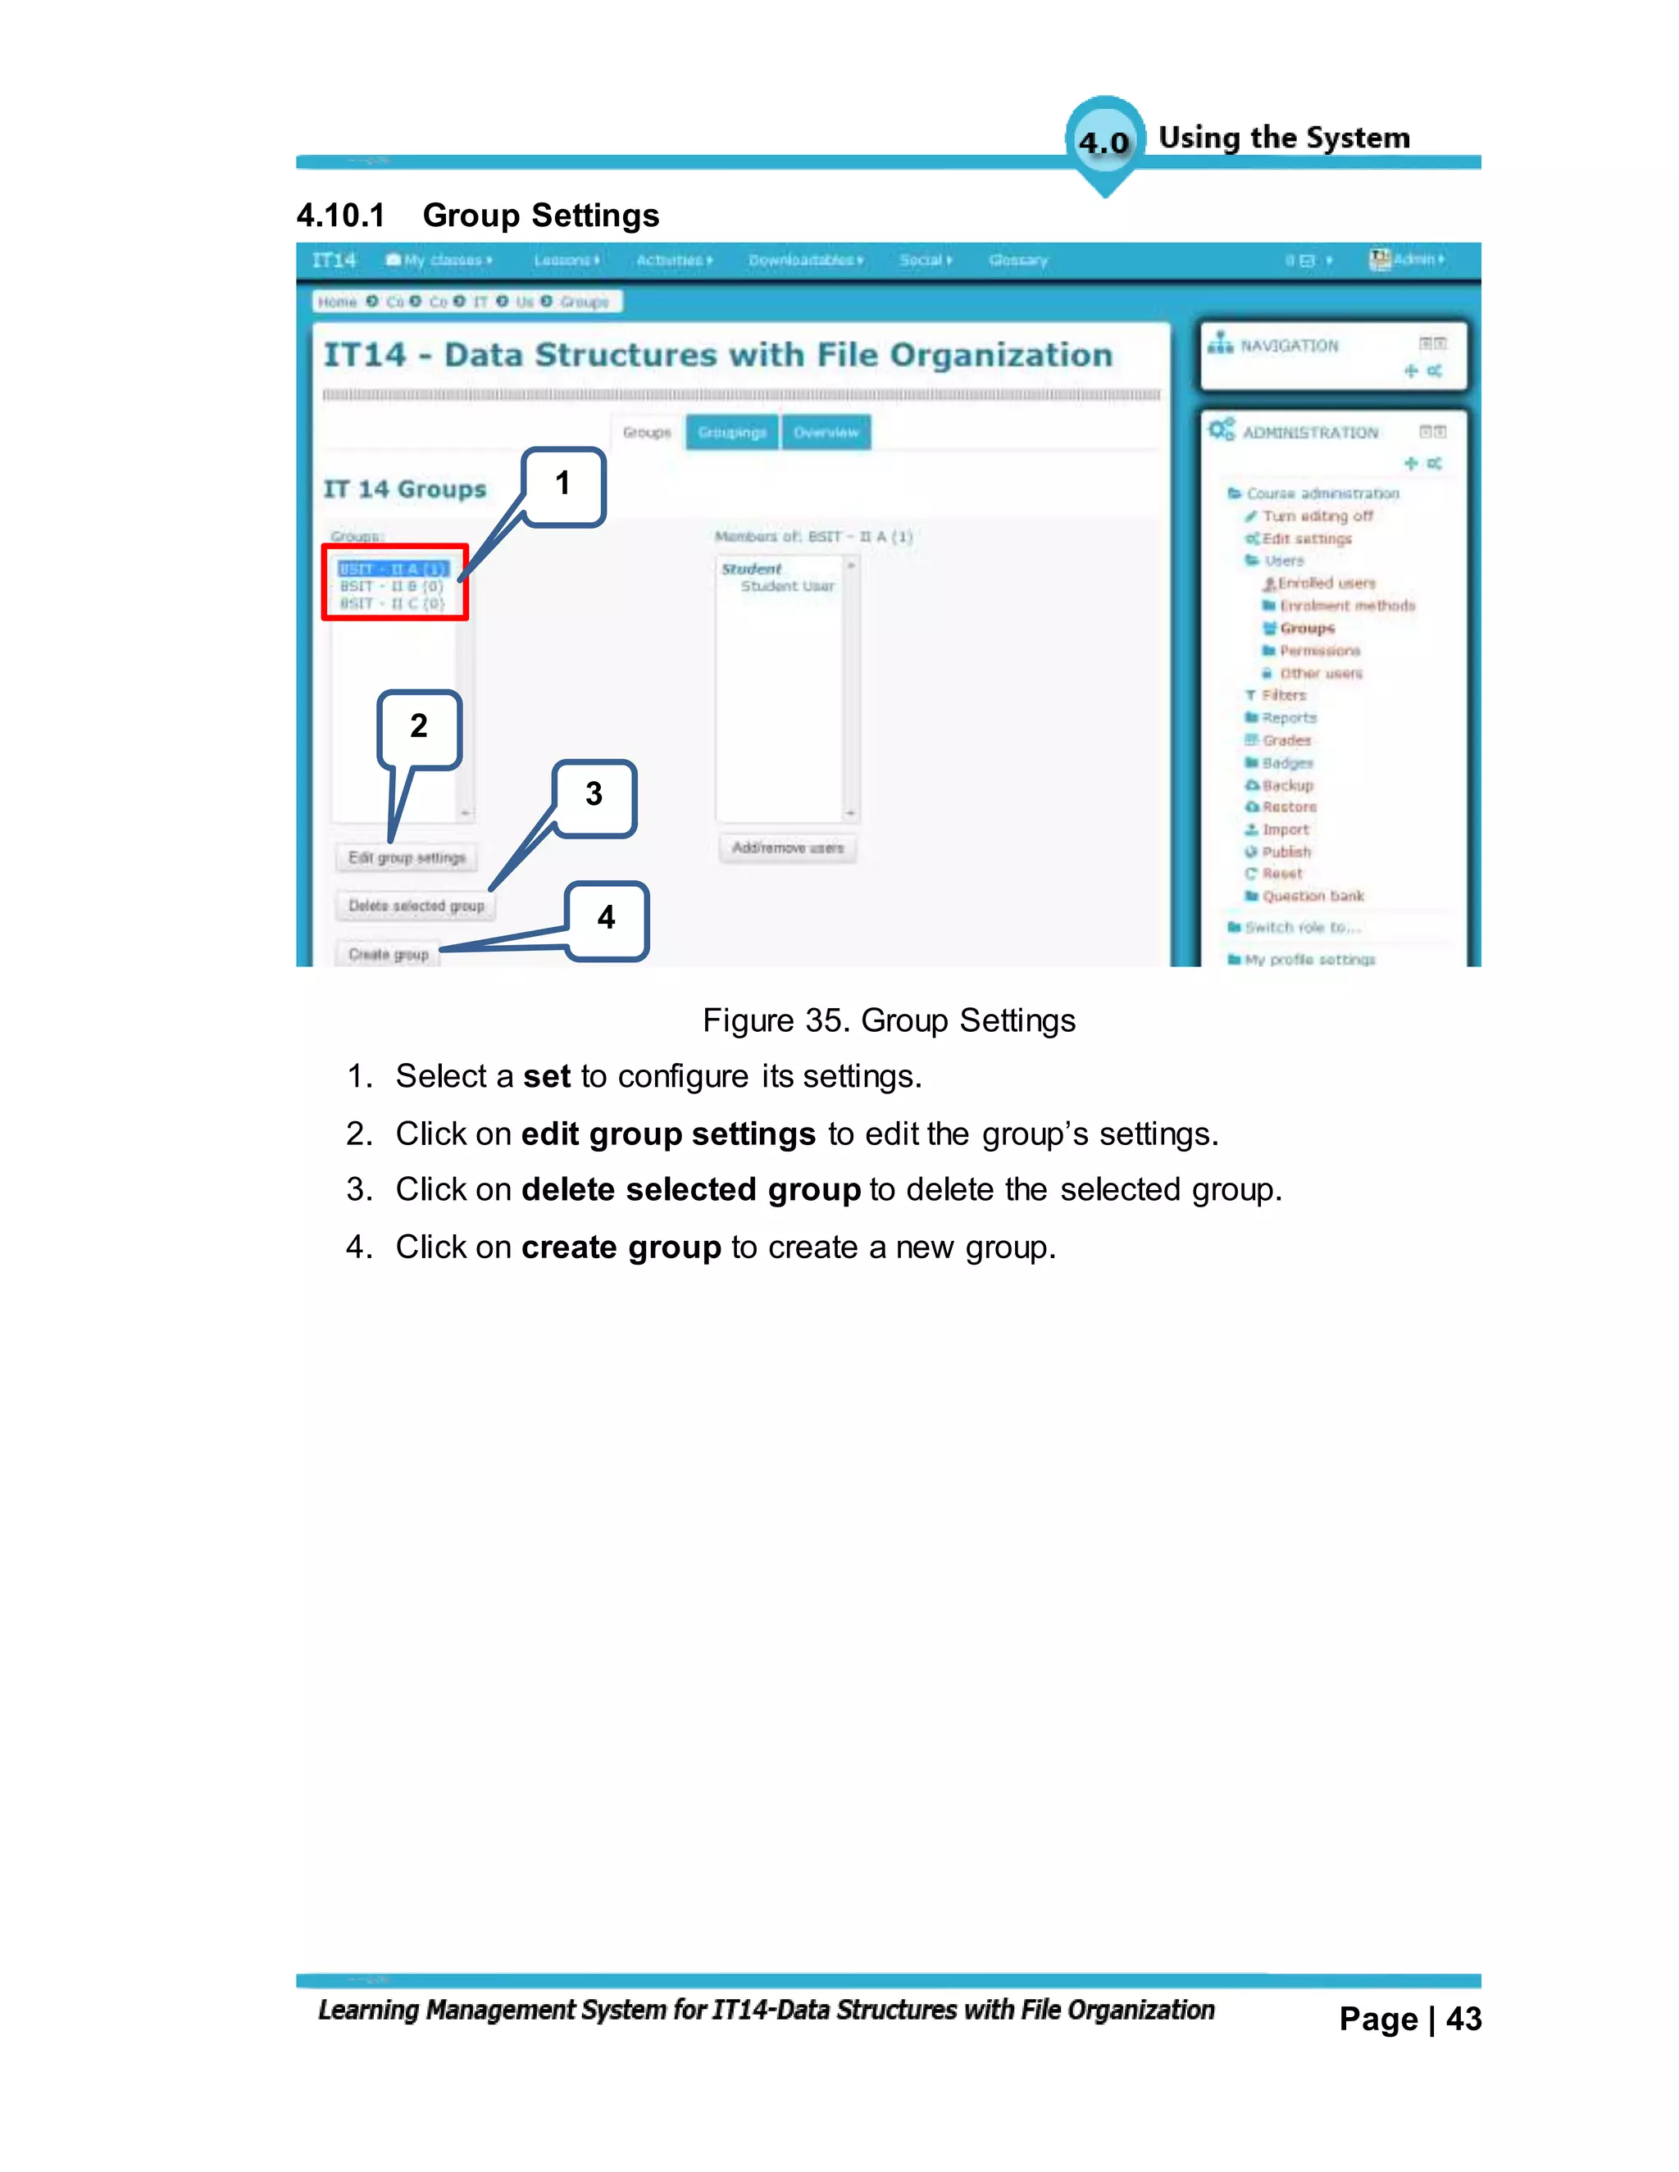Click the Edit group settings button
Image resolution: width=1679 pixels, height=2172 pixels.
(x=407, y=858)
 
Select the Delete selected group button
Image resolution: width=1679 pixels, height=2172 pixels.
(x=416, y=906)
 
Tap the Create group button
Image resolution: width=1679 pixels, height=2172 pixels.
(x=388, y=955)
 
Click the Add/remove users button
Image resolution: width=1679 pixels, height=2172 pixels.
(x=788, y=848)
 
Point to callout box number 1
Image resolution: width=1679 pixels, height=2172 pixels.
(x=563, y=485)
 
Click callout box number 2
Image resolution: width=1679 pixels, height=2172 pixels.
(x=419, y=728)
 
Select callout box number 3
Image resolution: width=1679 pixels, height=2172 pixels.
(x=594, y=797)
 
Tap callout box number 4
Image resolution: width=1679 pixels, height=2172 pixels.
(x=607, y=920)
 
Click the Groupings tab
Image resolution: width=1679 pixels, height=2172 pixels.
(x=732, y=433)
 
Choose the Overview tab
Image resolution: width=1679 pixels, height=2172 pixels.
(x=826, y=433)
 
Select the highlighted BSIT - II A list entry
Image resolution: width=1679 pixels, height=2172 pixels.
(x=393, y=570)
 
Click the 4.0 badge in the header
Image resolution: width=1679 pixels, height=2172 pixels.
(x=1104, y=143)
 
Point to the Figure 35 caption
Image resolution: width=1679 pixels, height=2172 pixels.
(x=888, y=1021)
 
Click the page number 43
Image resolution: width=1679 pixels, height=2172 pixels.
(x=1463, y=2020)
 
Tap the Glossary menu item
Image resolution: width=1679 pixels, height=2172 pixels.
(x=1017, y=261)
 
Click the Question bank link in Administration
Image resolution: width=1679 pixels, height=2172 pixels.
(x=1313, y=896)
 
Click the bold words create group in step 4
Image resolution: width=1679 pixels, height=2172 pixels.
(x=621, y=1248)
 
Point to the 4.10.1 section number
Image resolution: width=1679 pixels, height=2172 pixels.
(x=340, y=216)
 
